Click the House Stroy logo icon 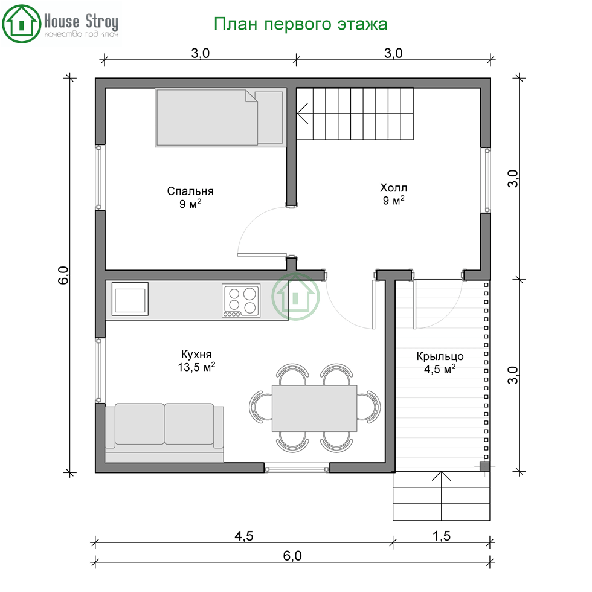click(22, 24)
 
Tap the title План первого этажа click(301, 24)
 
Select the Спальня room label click(190, 191)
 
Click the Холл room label click(393, 188)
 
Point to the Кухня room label click(196, 354)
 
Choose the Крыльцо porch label click(440, 356)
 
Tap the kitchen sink click(130, 298)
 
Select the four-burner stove click(241, 300)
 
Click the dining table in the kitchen click(315, 408)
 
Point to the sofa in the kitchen click(164, 433)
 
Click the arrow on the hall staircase click(303, 114)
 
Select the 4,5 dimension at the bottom click(244, 536)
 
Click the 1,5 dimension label click(442, 536)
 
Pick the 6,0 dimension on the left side click(63, 275)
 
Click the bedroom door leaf click(262, 255)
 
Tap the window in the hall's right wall click(487, 180)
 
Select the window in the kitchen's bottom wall click(297, 470)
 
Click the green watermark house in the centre click(295, 297)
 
